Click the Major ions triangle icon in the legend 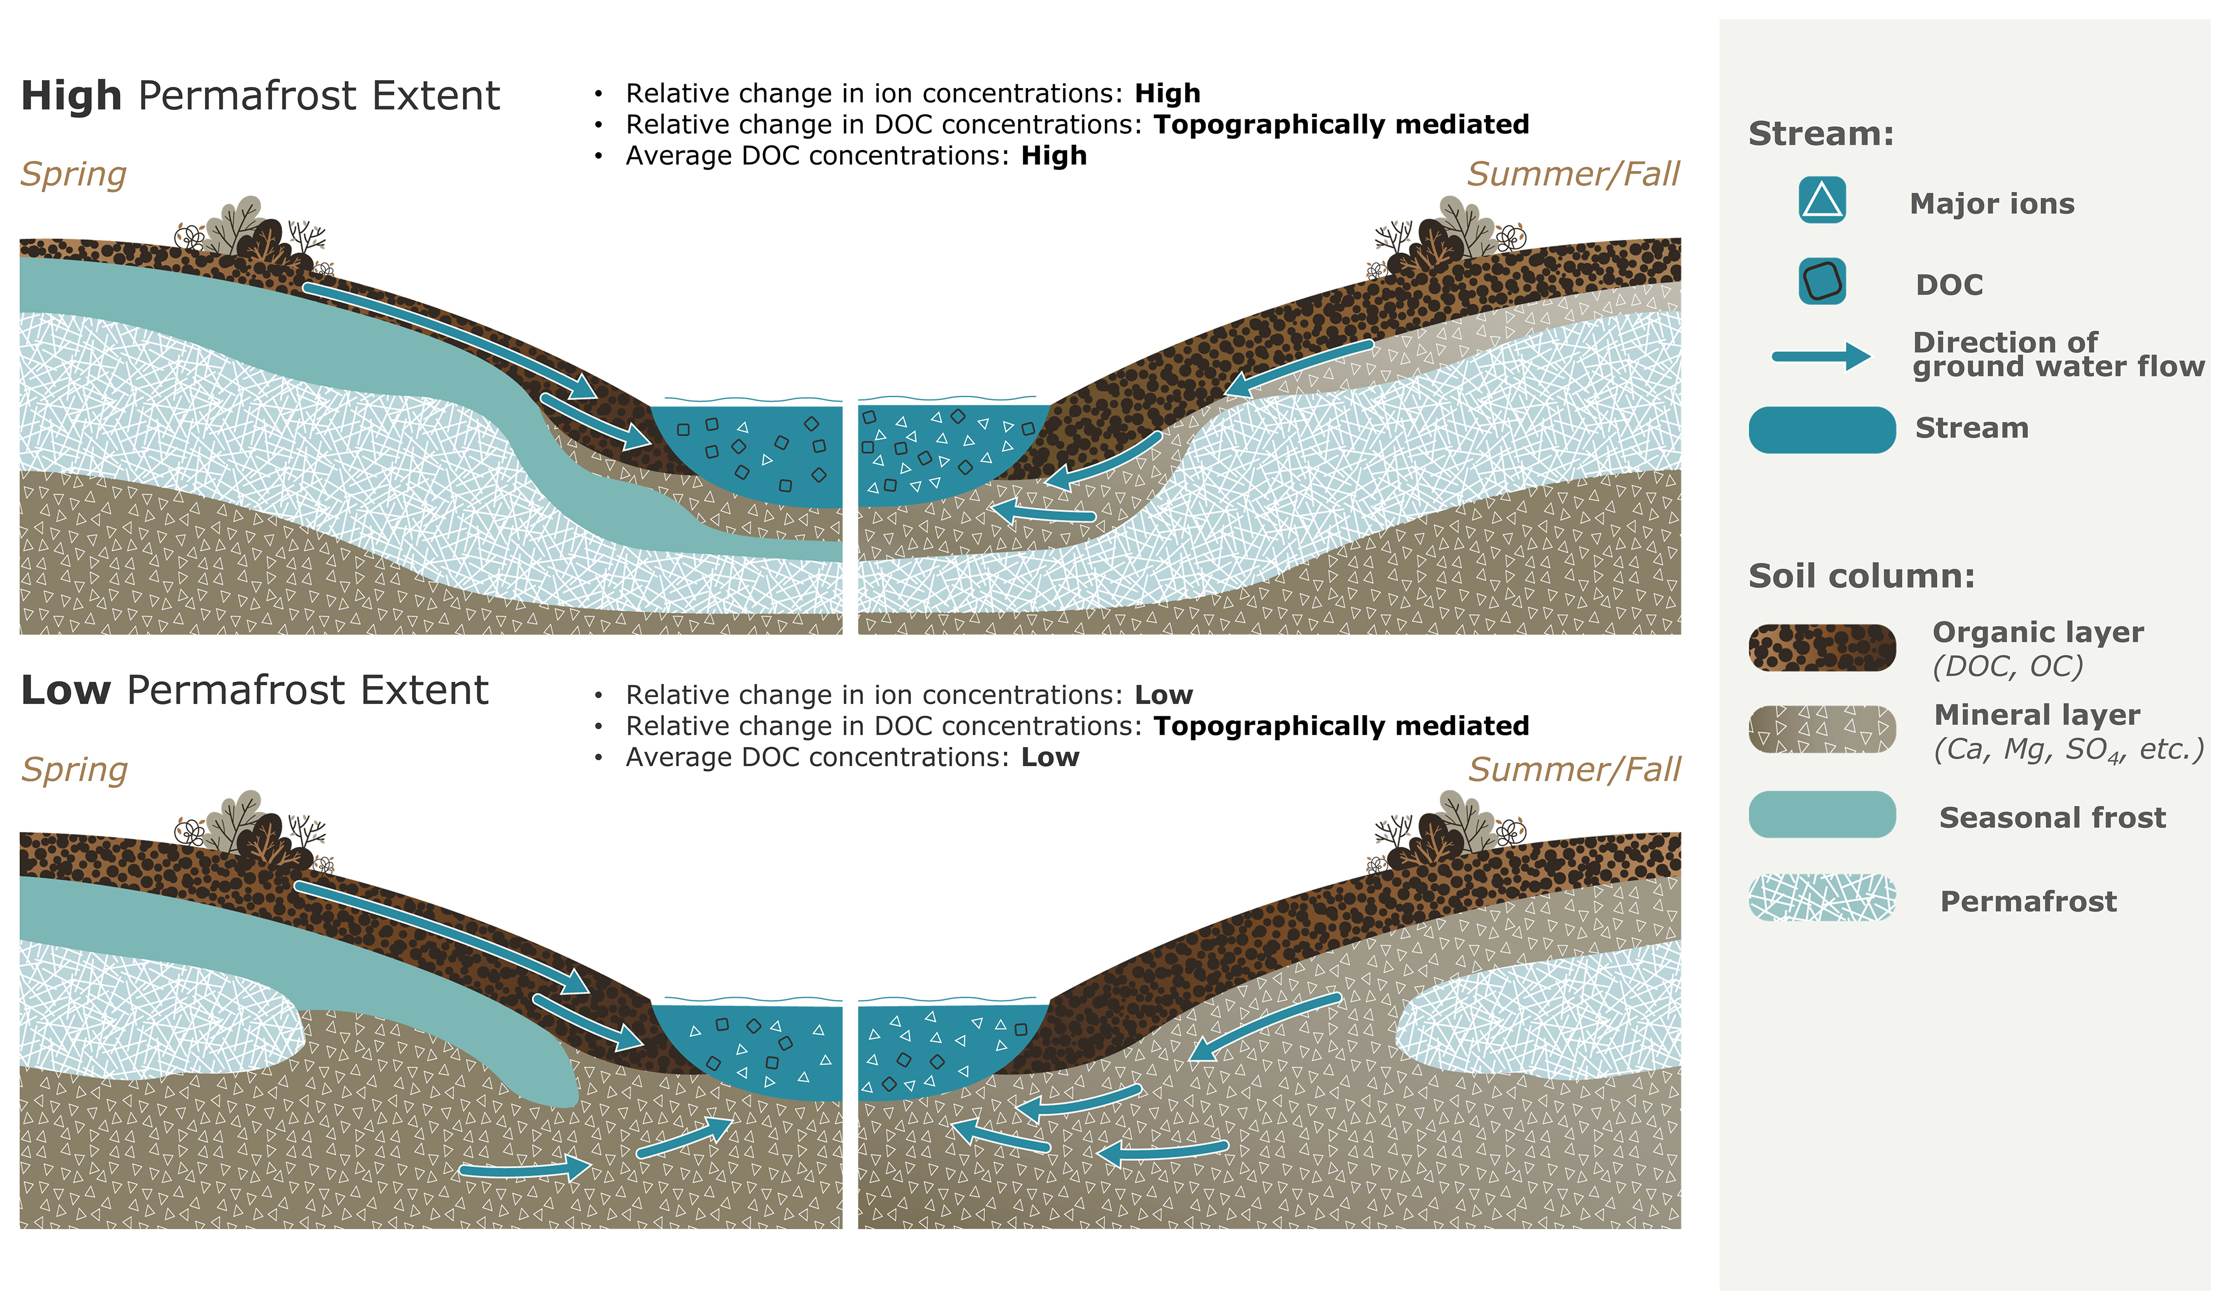click(1822, 200)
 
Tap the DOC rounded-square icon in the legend click(1822, 282)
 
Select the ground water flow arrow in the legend click(1821, 357)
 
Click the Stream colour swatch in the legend click(1822, 430)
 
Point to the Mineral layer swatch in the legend click(1822, 730)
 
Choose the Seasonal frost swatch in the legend click(1822, 814)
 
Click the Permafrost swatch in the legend click(1822, 898)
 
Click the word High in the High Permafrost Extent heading click(71, 96)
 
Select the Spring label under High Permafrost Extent click(73, 175)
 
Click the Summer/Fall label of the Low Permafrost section click(1573, 769)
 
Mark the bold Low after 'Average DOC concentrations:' click(1050, 758)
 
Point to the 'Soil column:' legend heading click(1861, 576)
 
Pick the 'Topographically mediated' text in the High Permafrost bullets click(1341, 125)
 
